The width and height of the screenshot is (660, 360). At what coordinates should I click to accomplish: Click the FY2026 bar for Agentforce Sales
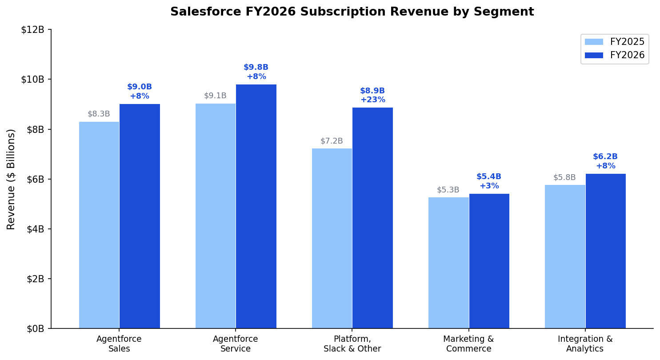140,216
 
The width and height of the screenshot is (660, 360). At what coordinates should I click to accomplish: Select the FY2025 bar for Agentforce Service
216,216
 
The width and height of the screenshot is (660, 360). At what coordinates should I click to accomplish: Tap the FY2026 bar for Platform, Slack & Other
372,218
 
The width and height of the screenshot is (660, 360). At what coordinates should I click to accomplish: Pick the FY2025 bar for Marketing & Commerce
448,263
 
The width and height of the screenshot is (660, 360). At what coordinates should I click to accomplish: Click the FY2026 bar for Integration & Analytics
605,251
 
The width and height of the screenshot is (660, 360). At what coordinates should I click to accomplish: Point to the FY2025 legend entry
614,42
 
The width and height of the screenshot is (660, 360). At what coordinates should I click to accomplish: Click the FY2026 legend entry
614,55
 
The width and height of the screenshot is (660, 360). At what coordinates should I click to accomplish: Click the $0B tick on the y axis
35,329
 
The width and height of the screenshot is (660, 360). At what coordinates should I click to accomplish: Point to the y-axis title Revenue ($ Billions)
11,179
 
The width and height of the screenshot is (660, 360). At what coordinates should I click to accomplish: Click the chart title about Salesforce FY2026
352,12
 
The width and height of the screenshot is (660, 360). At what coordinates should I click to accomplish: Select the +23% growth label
372,100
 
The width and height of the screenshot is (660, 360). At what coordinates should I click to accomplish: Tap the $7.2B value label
332,141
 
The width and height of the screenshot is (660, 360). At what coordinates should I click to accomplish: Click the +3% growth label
489,186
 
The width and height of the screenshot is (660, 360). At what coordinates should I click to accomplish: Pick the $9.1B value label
215,96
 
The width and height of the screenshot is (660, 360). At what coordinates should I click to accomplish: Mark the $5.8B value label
564,178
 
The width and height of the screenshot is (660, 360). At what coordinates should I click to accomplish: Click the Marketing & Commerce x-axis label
468,344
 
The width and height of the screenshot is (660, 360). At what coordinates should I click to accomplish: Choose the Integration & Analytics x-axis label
585,344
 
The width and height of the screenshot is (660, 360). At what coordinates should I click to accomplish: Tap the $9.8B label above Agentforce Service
256,68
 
